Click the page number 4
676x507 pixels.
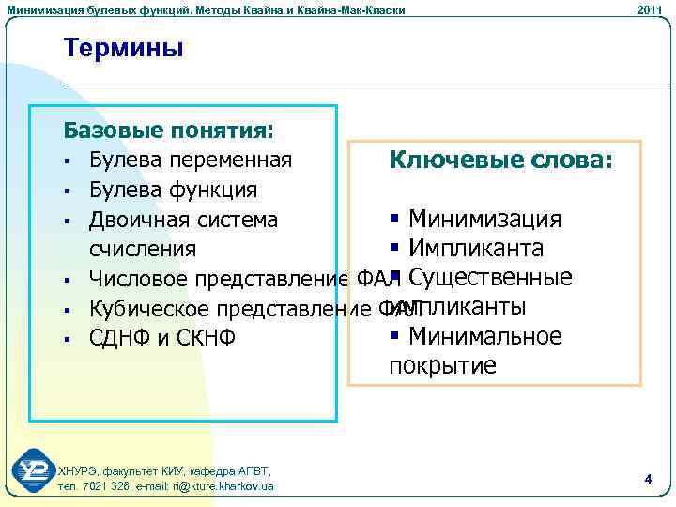pyautogui.click(x=648, y=480)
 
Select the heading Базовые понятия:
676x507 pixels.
pyautogui.click(x=168, y=129)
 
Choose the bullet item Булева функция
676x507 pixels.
pyautogui.click(x=173, y=190)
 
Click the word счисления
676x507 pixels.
pyautogui.click(x=143, y=249)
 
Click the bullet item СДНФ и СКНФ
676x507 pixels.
pyautogui.click(x=162, y=337)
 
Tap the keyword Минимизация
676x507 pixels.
pyautogui.click(x=484, y=220)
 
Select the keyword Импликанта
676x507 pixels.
pyautogui.click(x=475, y=249)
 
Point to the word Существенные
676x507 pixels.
pyautogui.click(x=491, y=278)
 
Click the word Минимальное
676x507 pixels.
pyautogui.click(x=484, y=336)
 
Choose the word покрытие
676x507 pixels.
pyautogui.click(x=442, y=365)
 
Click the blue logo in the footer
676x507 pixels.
pyautogui.click(x=34, y=469)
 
